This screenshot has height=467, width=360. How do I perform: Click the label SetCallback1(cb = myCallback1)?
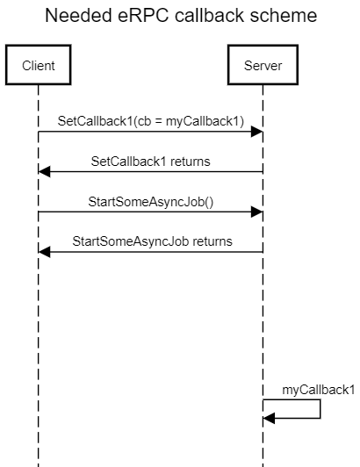(151, 121)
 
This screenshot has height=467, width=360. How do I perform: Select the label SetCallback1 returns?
(151, 162)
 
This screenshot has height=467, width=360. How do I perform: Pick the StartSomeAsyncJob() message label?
(151, 201)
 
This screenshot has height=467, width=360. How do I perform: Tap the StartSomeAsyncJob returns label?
(152, 241)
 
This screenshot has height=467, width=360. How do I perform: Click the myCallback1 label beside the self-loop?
(319, 389)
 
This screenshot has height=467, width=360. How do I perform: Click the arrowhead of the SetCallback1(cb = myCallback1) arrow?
(257, 132)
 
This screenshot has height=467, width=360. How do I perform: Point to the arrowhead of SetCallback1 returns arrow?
(44, 172)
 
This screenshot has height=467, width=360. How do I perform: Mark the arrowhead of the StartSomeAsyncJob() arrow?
(257, 212)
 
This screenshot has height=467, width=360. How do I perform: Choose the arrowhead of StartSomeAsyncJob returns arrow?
(44, 251)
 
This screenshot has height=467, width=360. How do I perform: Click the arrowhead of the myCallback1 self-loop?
(269, 419)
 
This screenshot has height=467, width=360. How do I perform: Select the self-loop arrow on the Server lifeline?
(320, 409)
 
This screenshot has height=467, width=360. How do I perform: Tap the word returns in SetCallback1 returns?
(190, 162)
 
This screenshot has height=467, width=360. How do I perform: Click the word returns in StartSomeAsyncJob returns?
(211, 241)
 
